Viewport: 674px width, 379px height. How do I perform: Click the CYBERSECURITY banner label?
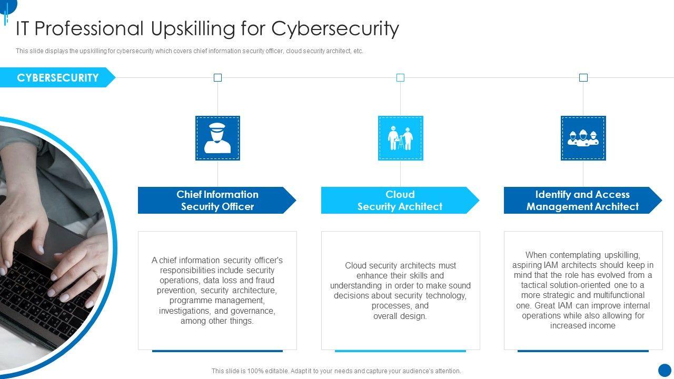pyautogui.click(x=57, y=78)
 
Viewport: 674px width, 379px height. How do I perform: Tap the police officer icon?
pyautogui.click(x=217, y=138)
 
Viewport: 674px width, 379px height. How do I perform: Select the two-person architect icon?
pyautogui.click(x=400, y=138)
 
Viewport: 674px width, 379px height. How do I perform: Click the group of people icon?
pyautogui.click(x=583, y=138)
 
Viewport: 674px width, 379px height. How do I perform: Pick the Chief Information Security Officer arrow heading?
pyautogui.click(x=217, y=201)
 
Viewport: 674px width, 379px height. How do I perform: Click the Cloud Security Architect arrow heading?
pyautogui.click(x=400, y=201)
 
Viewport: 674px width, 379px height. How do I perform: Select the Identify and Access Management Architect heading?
pyautogui.click(x=582, y=201)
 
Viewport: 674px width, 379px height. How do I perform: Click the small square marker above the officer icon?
pyautogui.click(x=217, y=78)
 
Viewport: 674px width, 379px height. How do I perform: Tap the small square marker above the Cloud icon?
pyautogui.click(x=400, y=78)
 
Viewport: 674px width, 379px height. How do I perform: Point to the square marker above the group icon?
pyautogui.click(x=583, y=78)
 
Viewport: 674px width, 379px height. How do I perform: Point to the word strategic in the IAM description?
pyautogui.click(x=561, y=295)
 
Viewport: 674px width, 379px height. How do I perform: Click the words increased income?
pyautogui.click(x=583, y=326)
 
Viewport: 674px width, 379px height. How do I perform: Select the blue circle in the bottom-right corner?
pyautogui.click(x=665, y=370)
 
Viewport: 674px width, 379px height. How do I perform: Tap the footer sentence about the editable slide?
pyautogui.click(x=336, y=371)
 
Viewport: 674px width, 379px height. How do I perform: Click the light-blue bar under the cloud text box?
pyautogui.click(x=400, y=351)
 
